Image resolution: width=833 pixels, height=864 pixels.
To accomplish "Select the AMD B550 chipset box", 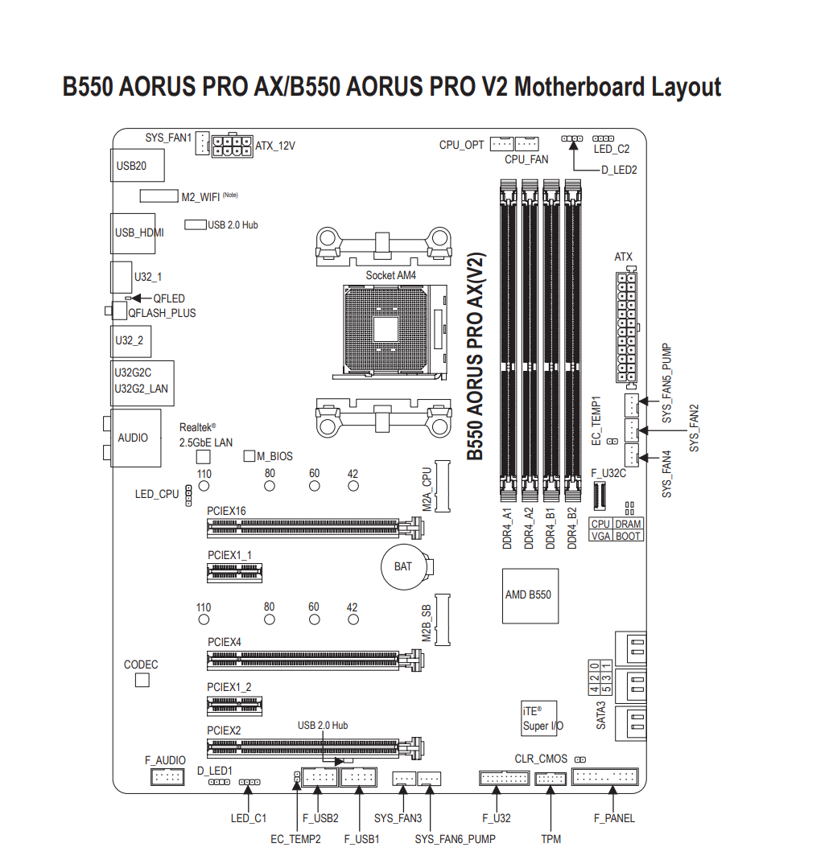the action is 530,596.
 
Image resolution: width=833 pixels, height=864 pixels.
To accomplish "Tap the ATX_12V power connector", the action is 232,146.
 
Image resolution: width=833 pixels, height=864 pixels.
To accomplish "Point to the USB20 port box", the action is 138,165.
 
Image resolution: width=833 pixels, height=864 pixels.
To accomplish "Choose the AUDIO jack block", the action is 136,438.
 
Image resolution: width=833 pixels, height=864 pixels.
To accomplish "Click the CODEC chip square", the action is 142,681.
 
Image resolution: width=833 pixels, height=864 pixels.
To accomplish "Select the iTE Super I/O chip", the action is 539,718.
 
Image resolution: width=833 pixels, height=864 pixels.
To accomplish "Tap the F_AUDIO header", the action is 167,777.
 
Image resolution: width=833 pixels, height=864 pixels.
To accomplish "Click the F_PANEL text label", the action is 614,818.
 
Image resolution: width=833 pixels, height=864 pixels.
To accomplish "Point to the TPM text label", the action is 551,839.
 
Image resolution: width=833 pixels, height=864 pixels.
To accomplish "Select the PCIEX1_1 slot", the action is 235,573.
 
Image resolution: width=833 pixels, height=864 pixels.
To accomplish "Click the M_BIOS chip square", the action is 249,455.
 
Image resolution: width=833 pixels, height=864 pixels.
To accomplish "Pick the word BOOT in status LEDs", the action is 628,536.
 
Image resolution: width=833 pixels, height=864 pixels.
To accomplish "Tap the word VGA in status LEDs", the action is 601,536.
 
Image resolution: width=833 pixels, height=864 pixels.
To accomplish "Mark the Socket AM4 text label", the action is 391,275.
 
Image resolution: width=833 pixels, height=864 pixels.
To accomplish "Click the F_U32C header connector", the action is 599,496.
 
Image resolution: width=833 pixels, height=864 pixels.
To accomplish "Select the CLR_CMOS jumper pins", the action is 580,759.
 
